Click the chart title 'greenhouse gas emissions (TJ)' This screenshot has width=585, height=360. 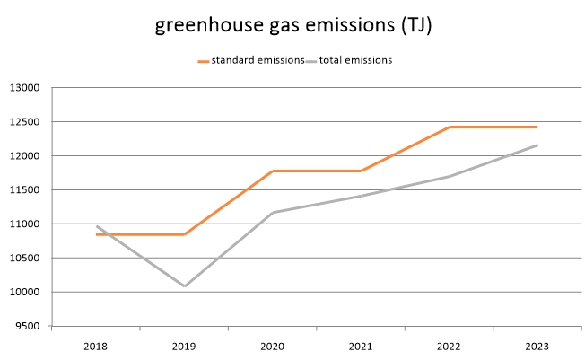tap(292, 25)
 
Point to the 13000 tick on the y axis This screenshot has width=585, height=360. tap(28, 88)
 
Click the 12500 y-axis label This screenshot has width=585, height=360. tap(28, 122)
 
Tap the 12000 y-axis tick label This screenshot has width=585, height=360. tap(28, 156)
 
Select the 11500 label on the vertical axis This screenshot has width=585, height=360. tap(28, 190)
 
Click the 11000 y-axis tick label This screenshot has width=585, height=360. tap(28, 224)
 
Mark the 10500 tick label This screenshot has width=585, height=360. tap(28, 259)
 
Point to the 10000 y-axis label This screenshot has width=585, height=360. tap(28, 293)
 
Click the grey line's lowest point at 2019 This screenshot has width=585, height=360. tap(184, 286)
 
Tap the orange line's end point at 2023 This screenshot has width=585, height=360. tap(537, 127)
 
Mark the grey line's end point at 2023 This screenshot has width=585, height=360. tap(537, 145)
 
